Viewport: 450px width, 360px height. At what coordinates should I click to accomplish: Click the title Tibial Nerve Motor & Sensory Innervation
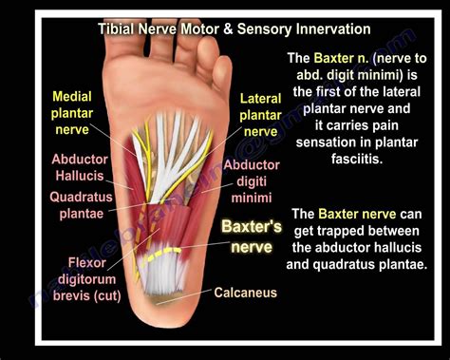coord(234,28)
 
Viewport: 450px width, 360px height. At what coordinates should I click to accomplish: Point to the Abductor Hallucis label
coord(79,168)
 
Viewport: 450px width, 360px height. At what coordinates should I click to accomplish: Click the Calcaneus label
coord(245,292)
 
